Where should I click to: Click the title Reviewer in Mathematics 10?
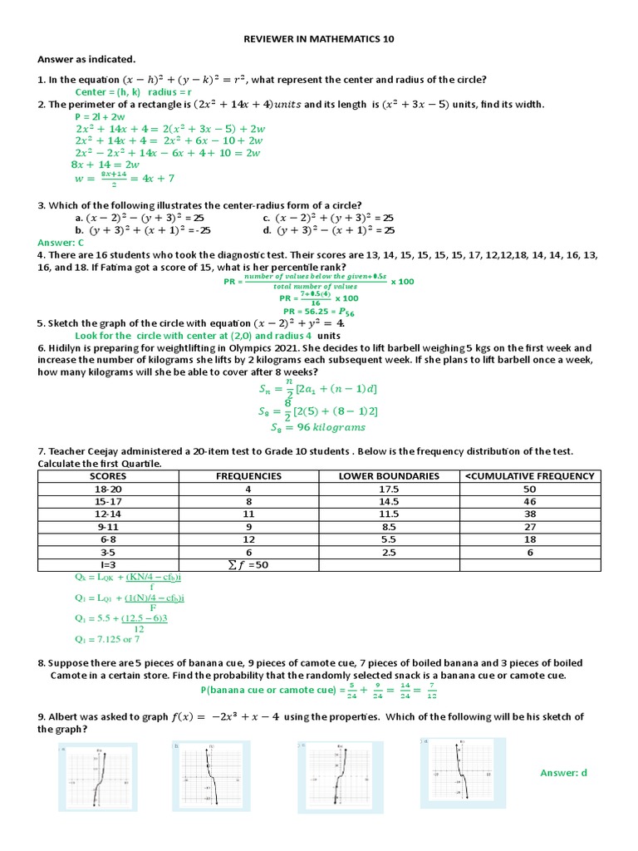(319, 39)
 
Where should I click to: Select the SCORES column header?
(108, 476)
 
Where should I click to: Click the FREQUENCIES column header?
(248, 476)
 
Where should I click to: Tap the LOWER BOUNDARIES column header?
(389, 476)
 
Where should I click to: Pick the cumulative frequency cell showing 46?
(530, 502)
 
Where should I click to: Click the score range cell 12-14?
(108, 514)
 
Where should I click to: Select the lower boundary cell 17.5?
(389, 489)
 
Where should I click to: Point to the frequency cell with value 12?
(248, 539)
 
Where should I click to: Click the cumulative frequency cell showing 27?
(530, 527)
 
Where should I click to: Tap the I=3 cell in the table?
(108, 564)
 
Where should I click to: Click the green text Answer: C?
(61, 241)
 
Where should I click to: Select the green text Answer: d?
(563, 773)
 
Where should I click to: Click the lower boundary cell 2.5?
(389, 552)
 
